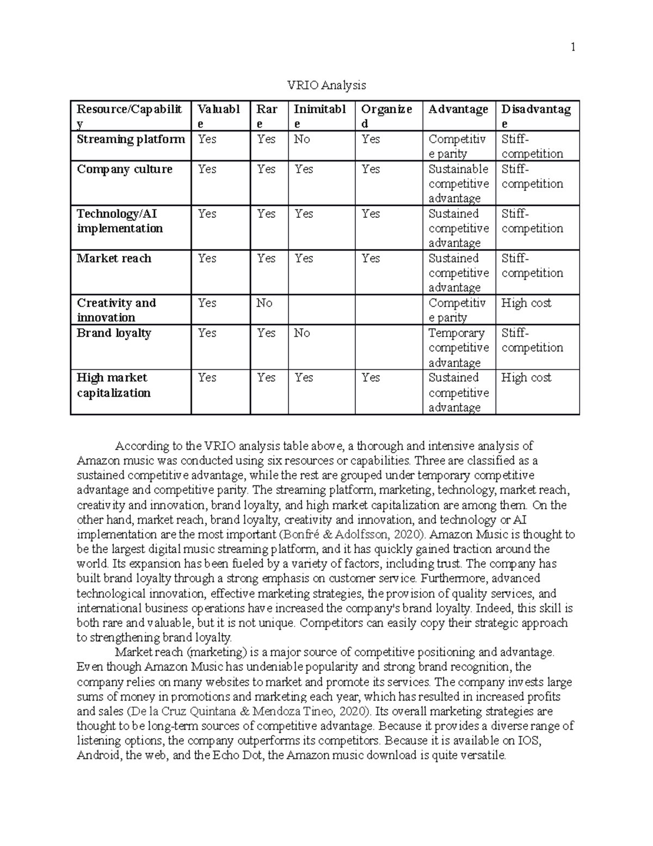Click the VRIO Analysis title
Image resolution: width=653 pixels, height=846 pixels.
pos(326,86)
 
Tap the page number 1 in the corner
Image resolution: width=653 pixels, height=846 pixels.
pos(572,47)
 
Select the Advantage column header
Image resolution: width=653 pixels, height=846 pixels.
pos(458,109)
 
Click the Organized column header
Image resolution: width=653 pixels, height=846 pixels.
pos(386,116)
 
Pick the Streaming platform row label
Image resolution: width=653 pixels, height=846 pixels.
pos(131,139)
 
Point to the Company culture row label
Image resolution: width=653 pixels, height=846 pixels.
pos(125,169)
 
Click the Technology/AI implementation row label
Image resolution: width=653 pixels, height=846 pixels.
pos(120,221)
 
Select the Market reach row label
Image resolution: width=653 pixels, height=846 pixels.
pos(114,259)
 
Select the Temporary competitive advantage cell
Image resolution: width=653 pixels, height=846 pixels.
pos(458,348)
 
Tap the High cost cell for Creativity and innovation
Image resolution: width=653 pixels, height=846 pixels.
pos(526,303)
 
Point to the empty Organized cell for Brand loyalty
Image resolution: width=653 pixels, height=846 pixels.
pos(389,348)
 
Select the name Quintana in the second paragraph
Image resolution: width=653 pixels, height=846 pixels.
pos(212,711)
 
